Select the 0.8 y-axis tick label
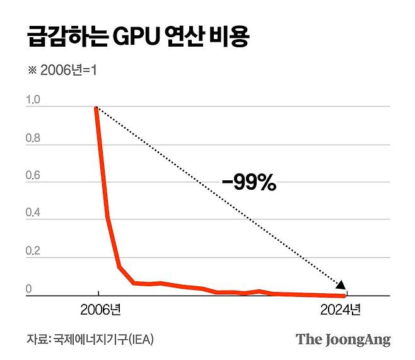pos(32,138)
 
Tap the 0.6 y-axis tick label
pos(32,176)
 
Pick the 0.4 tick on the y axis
pos(32,214)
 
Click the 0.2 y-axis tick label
pos(32,252)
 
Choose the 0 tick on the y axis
pos(28,289)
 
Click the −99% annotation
pos(248,183)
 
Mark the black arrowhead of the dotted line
pos(341,285)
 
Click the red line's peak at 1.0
pos(96,108)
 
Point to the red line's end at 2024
pos(344,295)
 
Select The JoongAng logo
pos(343,339)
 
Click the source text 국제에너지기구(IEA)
pos(103,339)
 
